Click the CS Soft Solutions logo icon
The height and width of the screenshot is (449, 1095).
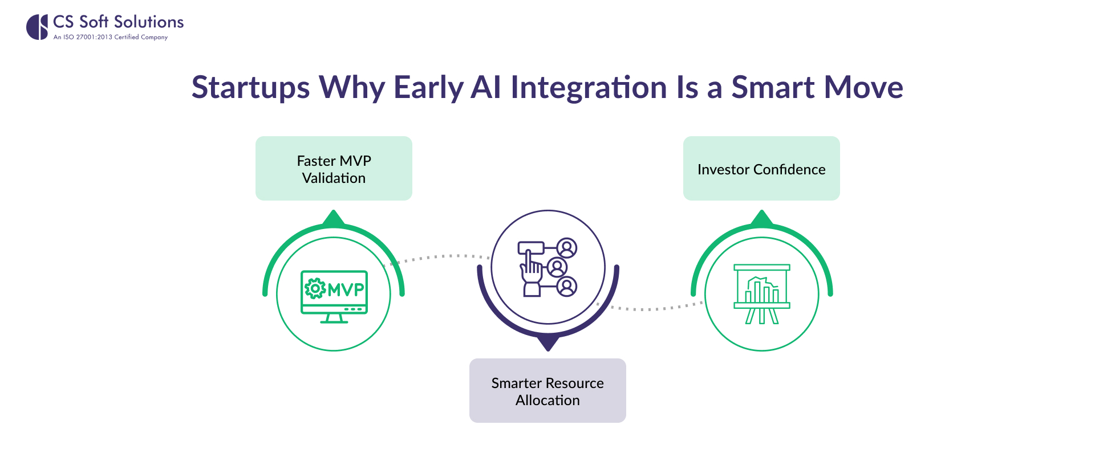(x=38, y=27)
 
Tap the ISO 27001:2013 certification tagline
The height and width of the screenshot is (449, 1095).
(x=111, y=37)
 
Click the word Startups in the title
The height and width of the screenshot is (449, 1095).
(x=250, y=88)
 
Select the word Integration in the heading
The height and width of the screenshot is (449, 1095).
(x=589, y=88)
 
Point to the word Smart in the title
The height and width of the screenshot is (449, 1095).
(x=773, y=88)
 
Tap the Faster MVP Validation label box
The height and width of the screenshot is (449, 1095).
(x=334, y=169)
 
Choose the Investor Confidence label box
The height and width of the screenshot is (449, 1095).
(x=761, y=169)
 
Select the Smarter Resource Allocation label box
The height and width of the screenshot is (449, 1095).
(x=547, y=391)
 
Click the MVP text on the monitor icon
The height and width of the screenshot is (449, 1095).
(x=346, y=289)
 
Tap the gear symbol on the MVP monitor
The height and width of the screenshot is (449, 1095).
(x=315, y=288)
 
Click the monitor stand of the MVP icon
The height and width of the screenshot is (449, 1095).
(x=334, y=319)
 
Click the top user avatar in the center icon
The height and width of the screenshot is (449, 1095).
(x=567, y=248)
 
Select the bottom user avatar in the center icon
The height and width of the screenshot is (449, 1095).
(x=567, y=287)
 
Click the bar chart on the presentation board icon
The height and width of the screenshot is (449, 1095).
(x=761, y=291)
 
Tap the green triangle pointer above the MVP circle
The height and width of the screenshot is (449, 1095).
(x=334, y=218)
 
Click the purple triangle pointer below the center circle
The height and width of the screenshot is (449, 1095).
(x=547, y=343)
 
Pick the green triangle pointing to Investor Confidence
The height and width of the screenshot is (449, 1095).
(x=761, y=218)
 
